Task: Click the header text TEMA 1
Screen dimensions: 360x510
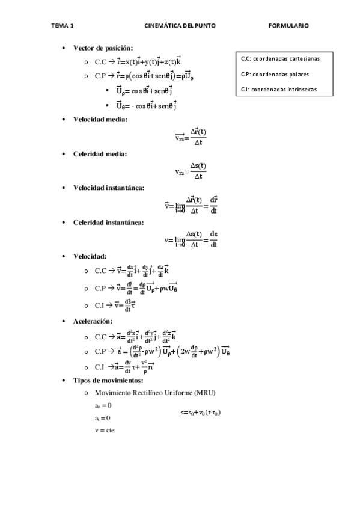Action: [63, 26]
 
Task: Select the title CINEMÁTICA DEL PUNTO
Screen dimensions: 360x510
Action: [180, 26]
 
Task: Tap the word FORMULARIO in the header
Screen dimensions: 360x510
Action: [288, 26]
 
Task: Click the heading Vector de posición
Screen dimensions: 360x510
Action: [103, 48]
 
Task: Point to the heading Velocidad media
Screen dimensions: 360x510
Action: [100, 119]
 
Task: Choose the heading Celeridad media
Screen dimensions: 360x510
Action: [100, 154]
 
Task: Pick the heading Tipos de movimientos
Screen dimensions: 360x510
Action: [108, 381]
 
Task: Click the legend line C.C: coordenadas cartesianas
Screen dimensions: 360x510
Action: [280, 59]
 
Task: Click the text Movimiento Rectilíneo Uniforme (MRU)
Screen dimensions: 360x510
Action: [155, 393]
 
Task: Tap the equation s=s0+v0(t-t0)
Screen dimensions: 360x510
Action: [200, 413]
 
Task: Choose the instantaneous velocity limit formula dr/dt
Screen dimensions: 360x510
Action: [191, 205]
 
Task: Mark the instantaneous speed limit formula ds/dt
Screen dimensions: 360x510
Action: [191, 239]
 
